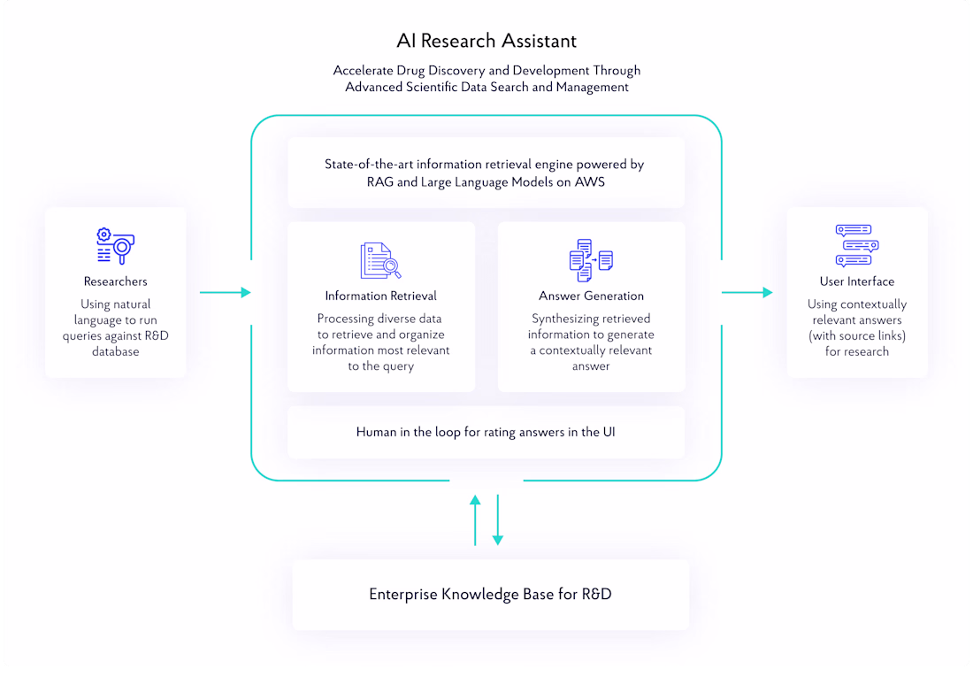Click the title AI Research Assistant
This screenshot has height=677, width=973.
(x=486, y=41)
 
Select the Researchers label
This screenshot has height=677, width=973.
(x=116, y=281)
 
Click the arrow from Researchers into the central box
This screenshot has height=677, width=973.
(x=226, y=292)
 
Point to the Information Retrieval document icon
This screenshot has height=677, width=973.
(x=380, y=261)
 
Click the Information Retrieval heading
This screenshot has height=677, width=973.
(x=380, y=296)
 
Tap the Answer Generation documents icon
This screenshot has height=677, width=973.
(x=591, y=260)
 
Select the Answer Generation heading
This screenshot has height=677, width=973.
(x=591, y=296)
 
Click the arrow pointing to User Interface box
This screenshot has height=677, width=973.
(x=747, y=292)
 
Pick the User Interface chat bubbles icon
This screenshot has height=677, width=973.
(x=856, y=246)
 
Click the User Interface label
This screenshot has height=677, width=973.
(x=856, y=281)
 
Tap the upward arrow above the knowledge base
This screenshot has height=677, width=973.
(x=475, y=520)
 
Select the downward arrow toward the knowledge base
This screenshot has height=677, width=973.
(x=497, y=520)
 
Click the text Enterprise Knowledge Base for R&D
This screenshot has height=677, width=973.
(x=490, y=594)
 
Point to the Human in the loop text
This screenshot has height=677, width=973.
(x=486, y=432)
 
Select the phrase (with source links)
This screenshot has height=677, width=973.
(x=857, y=335)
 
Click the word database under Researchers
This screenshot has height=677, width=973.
(x=116, y=351)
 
